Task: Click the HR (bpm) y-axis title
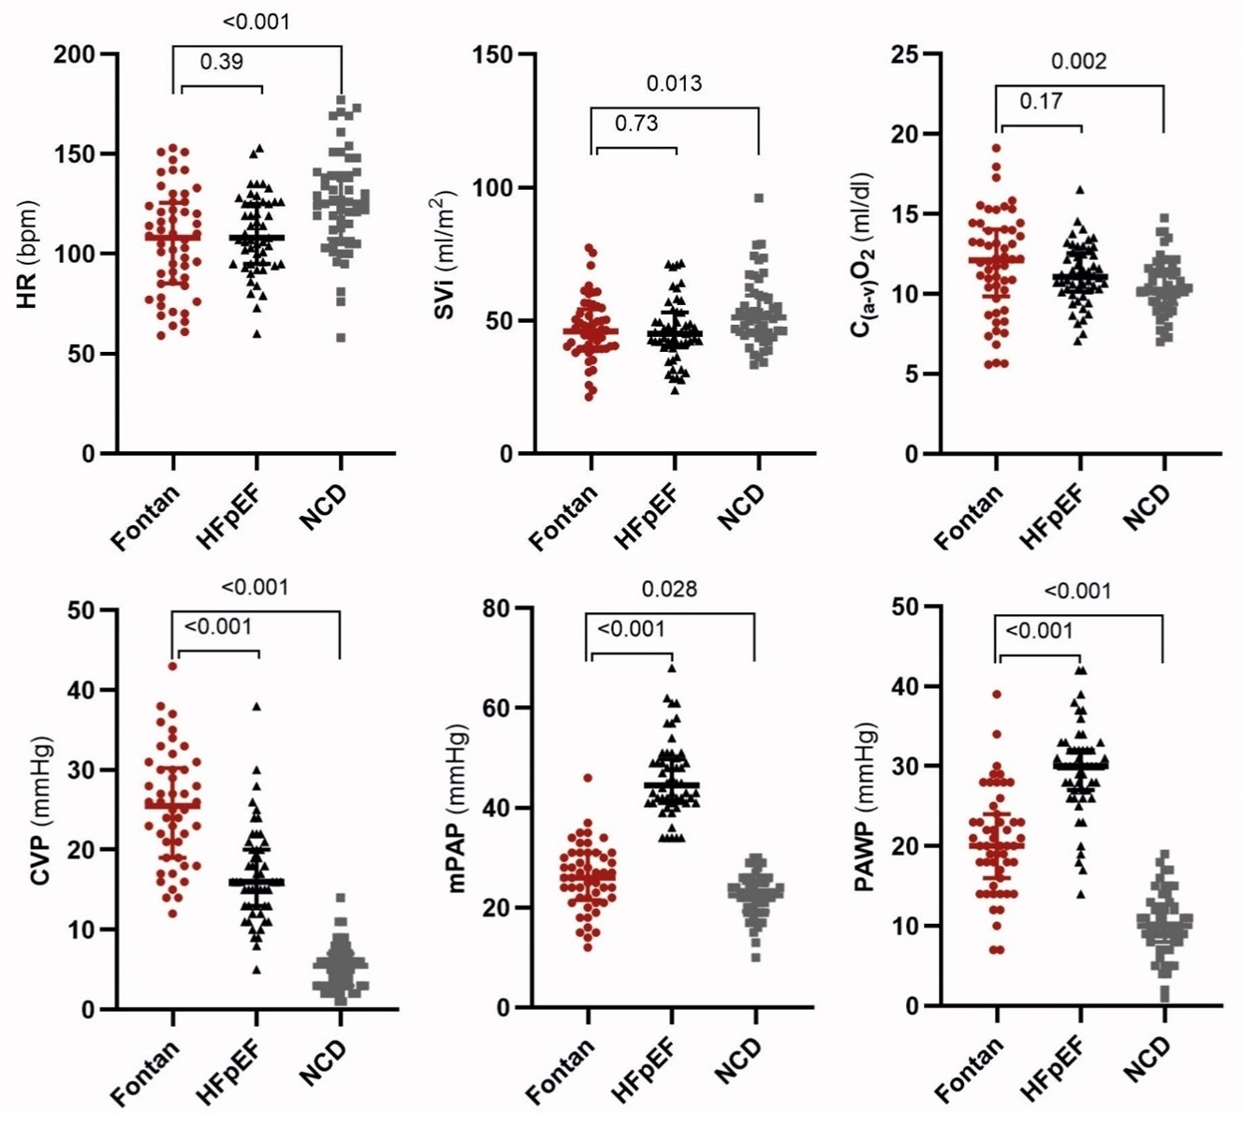coord(28,254)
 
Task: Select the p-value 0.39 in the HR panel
coord(221,62)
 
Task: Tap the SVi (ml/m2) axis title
coord(443,256)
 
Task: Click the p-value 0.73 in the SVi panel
coord(636,123)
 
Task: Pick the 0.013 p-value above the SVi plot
coord(674,83)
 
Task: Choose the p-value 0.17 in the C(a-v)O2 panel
coord(1041,101)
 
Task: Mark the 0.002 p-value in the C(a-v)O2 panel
coord(1078,62)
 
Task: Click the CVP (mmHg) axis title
coord(39,812)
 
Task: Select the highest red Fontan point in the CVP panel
coord(172,667)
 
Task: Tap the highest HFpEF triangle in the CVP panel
coord(256,706)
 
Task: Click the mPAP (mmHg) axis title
coord(459,807)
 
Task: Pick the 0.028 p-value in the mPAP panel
coord(669,589)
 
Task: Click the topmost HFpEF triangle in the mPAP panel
coord(671,667)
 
